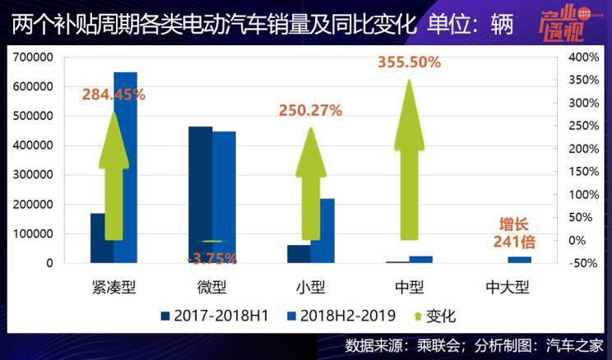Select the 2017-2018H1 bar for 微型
200,195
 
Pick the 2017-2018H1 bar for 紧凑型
102,238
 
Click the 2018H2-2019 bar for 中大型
520,260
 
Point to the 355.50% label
409,62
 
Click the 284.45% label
114,95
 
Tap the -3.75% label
212,258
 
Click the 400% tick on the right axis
582,58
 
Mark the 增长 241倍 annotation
515,233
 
